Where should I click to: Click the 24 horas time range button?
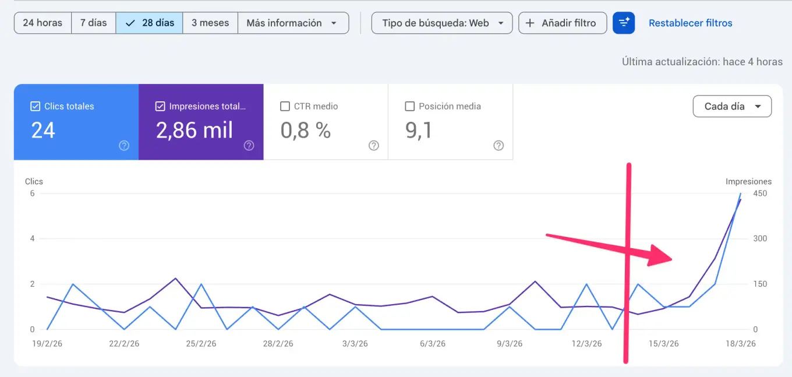43,23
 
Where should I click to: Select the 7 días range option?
93,23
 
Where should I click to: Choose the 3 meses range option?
210,23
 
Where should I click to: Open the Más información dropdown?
292,23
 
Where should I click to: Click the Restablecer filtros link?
690,23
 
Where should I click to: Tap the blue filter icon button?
624,23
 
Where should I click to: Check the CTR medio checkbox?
285,107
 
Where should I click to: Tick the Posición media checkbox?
409,107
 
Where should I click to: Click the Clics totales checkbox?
35,107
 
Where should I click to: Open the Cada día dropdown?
732,107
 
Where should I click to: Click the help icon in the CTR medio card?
374,146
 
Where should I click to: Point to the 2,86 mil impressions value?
195,131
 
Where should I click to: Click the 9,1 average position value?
419,131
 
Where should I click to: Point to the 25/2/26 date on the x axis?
201,344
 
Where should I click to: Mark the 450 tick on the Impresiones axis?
760,193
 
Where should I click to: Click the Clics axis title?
34,182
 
